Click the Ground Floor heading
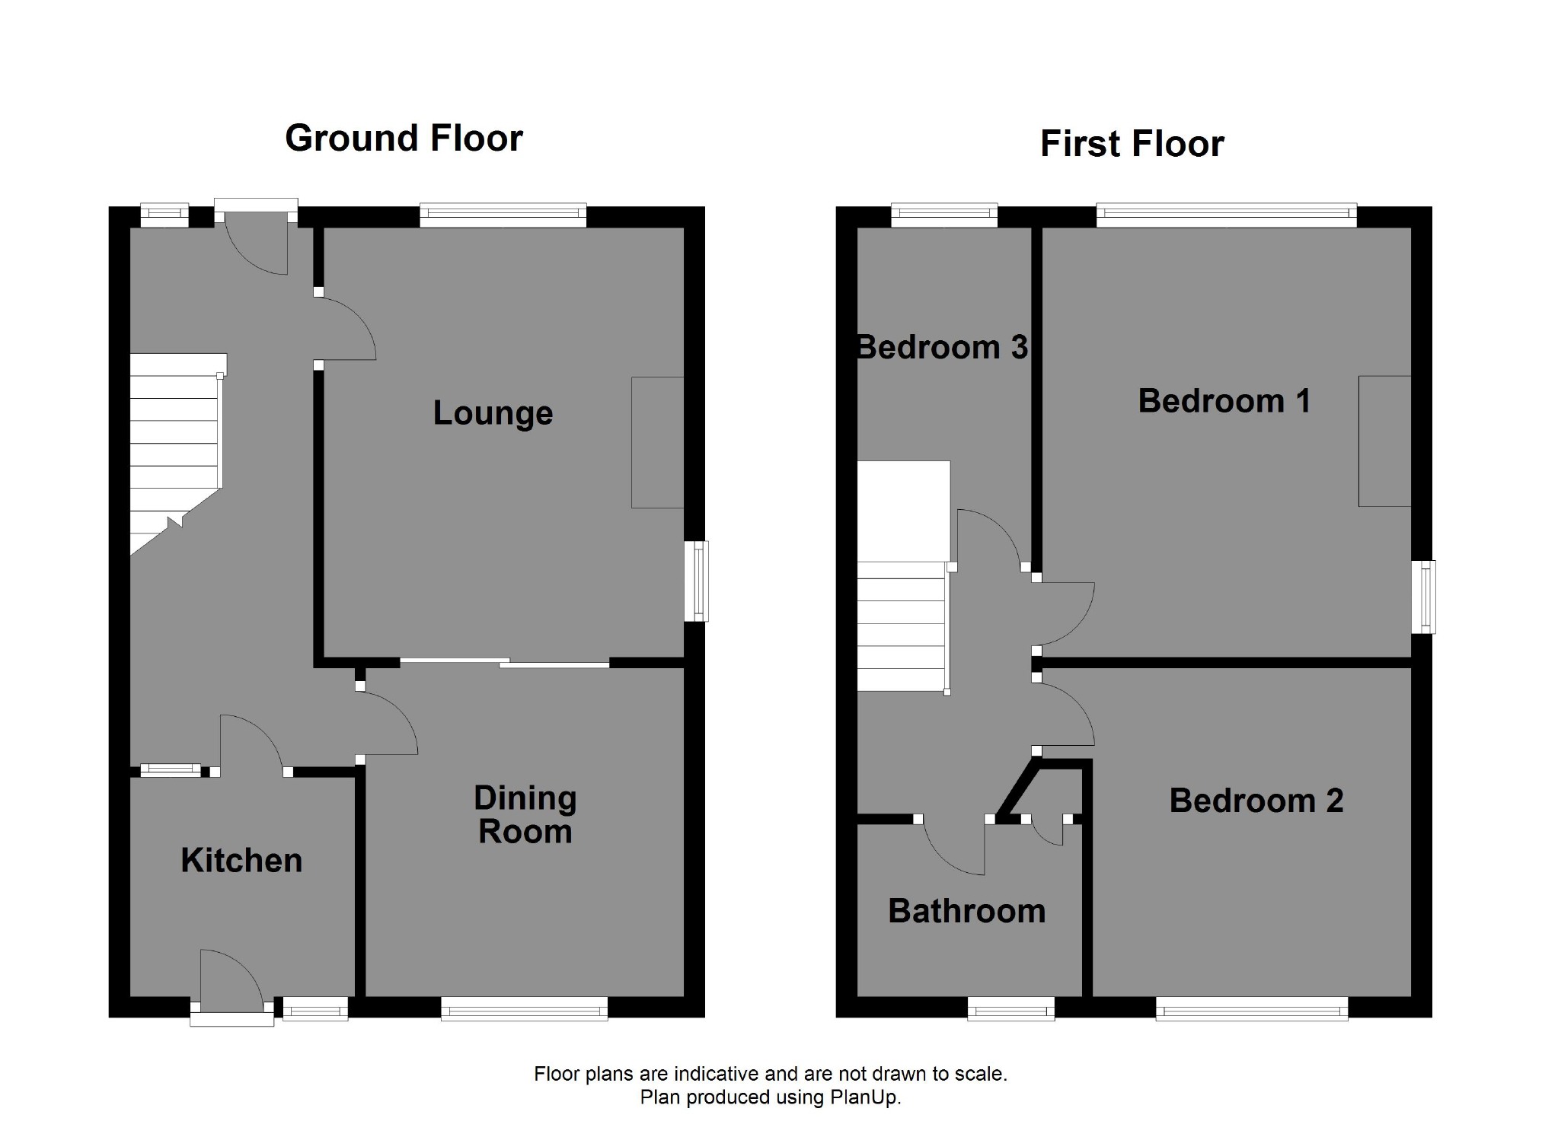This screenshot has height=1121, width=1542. tap(404, 139)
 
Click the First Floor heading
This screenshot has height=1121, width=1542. tap(1132, 144)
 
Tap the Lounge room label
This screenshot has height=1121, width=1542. tap(493, 413)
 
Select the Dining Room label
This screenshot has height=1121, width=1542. tap(525, 815)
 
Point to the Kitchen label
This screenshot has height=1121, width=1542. tap(241, 861)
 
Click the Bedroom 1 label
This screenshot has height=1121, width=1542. tap(1224, 401)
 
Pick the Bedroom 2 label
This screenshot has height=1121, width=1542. tap(1256, 801)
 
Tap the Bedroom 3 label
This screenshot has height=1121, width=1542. tap(942, 348)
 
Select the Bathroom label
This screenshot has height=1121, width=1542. tap(966, 911)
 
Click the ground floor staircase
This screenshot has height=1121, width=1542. tap(175, 449)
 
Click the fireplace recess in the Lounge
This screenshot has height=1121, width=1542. tap(657, 442)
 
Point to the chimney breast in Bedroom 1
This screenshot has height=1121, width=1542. tap(1384, 441)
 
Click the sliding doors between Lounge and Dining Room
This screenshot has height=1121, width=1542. tap(505, 663)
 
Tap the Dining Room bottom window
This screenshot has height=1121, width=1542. tap(524, 1010)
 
